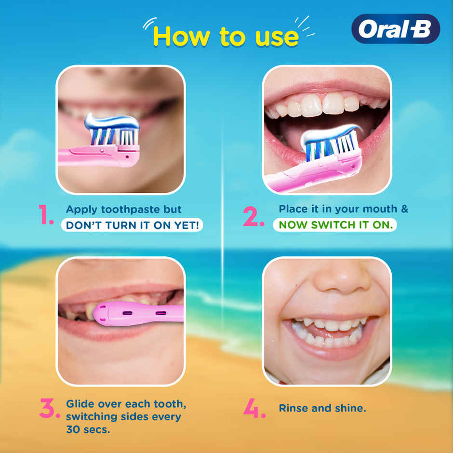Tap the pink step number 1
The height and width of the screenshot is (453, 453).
pyautogui.click(x=47, y=215)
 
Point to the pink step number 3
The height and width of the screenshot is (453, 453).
pyautogui.click(x=49, y=409)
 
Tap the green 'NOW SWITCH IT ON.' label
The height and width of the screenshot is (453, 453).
pyautogui.click(x=335, y=225)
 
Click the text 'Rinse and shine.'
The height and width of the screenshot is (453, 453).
pyautogui.click(x=322, y=408)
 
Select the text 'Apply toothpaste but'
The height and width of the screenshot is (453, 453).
pyautogui.click(x=124, y=210)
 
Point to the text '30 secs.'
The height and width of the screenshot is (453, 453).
pyautogui.click(x=88, y=429)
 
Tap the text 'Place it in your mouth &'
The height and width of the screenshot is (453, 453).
pyautogui.click(x=343, y=209)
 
